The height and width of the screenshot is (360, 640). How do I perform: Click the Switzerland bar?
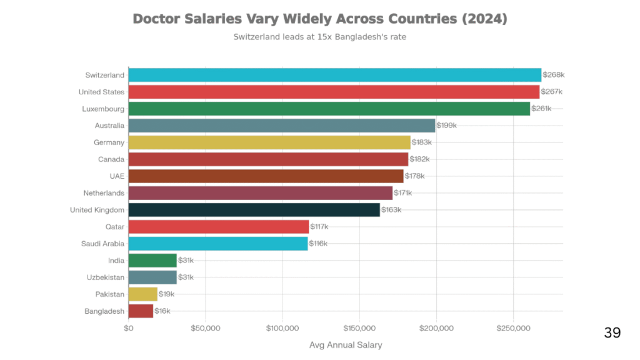pyautogui.click(x=334, y=75)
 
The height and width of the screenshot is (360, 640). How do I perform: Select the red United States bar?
pyautogui.click(x=334, y=92)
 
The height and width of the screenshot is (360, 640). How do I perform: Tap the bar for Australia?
pyautogui.click(x=281, y=126)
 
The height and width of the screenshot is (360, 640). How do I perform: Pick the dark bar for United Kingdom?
pyautogui.click(x=254, y=210)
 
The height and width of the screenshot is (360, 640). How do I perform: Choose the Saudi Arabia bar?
pyautogui.click(x=217, y=244)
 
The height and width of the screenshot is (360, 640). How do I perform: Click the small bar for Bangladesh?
pyautogui.click(x=141, y=311)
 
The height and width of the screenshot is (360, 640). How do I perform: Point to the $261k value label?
pyautogui.click(x=541, y=109)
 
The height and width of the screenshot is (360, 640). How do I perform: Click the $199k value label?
pyautogui.click(x=447, y=126)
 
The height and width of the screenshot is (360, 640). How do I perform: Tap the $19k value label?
pyautogui.click(x=166, y=294)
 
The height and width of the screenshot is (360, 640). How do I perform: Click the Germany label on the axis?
pyautogui.click(x=109, y=142)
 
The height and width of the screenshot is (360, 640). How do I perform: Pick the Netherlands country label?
pyautogui.click(x=104, y=193)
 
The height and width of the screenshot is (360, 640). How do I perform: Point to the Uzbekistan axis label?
pyautogui.click(x=106, y=277)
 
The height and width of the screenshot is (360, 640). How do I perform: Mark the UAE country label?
pyautogui.click(x=117, y=176)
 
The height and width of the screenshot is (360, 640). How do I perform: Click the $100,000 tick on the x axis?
pyautogui.click(x=282, y=328)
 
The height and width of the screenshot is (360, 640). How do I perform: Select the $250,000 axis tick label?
pyautogui.click(x=514, y=328)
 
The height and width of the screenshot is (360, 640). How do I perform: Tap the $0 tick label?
pyautogui.click(x=129, y=328)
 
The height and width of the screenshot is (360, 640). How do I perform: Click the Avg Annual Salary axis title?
pyautogui.click(x=346, y=345)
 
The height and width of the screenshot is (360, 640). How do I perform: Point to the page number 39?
pyautogui.click(x=612, y=332)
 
